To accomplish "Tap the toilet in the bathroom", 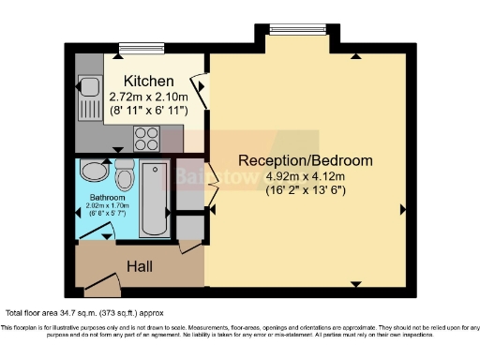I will tap(124, 173).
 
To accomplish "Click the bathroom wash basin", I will tap(94, 171).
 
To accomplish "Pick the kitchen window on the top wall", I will tap(138, 48).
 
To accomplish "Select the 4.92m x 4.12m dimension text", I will tap(306, 174).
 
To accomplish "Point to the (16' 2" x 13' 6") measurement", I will tap(306, 189).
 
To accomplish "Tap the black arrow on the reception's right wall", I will tap(402, 208).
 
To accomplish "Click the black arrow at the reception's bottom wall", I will tap(354, 282).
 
